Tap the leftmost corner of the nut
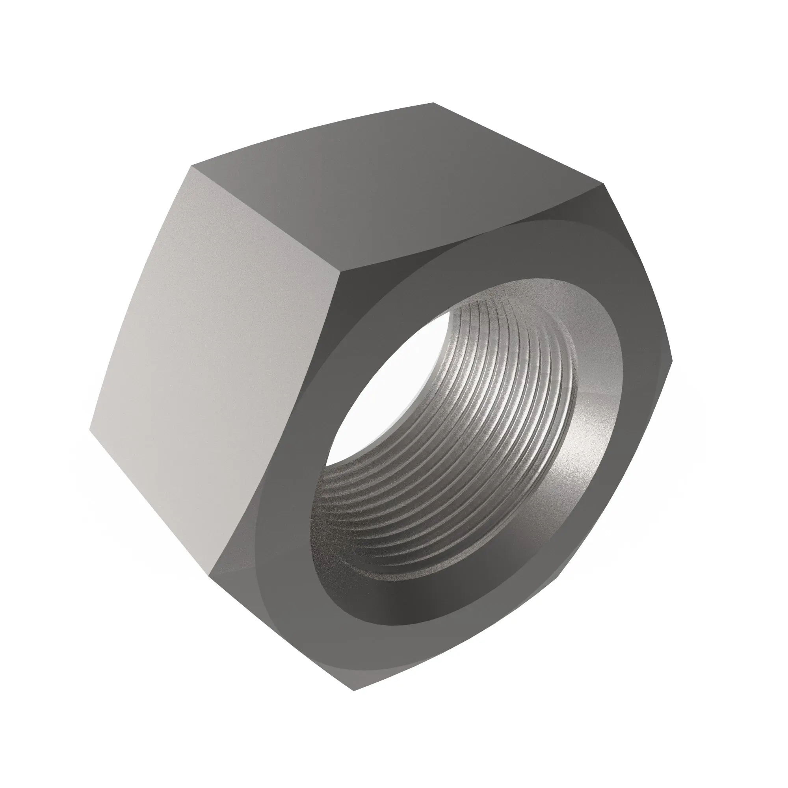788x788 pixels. (x=90, y=429)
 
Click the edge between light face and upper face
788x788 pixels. (x=265, y=218)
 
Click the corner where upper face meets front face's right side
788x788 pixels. (x=604, y=186)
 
